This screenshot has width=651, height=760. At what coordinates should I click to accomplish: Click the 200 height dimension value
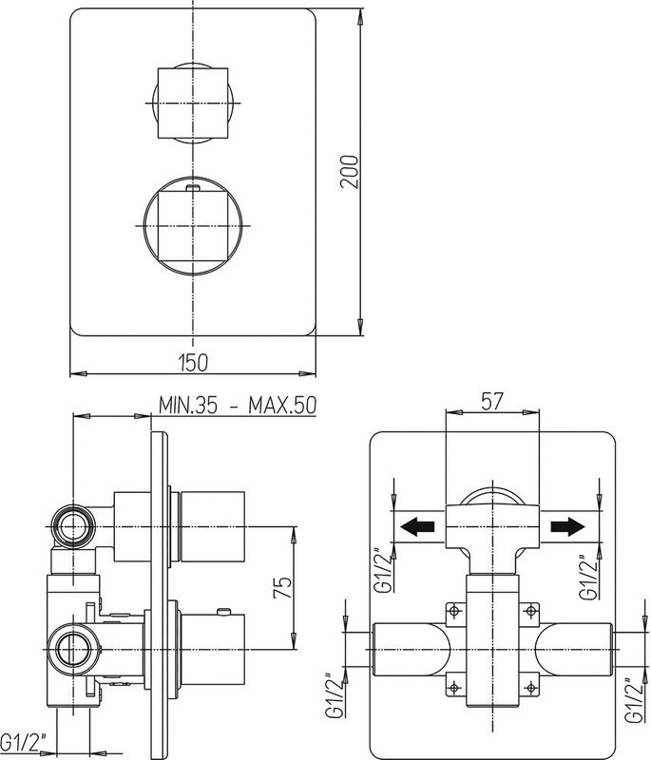[x=350, y=172]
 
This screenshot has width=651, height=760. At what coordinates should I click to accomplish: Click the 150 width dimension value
[x=193, y=363]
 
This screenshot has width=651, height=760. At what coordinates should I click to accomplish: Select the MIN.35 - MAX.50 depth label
[x=238, y=406]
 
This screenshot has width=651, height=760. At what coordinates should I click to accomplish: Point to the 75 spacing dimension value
[x=283, y=587]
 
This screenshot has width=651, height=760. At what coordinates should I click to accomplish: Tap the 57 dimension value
[x=492, y=401]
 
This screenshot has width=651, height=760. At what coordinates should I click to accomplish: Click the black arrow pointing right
[x=567, y=526]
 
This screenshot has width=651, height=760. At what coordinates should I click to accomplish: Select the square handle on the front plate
[x=193, y=103]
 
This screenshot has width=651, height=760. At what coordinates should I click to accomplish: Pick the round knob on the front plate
[x=193, y=226]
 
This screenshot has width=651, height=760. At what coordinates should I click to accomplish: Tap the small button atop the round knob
[x=193, y=187]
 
